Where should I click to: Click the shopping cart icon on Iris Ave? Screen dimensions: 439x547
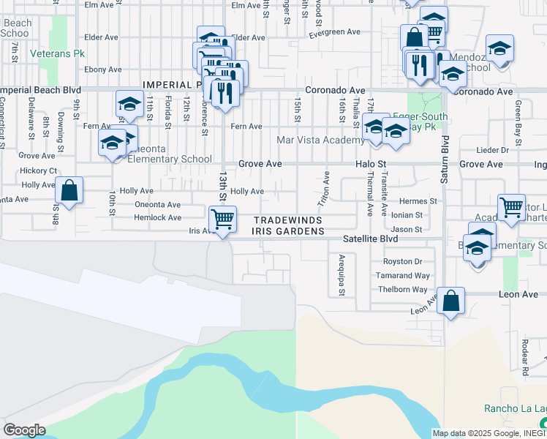(x=222, y=218)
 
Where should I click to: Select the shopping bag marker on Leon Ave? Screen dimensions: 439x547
(x=450, y=300)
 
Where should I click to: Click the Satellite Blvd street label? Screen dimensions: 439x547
(x=371, y=239)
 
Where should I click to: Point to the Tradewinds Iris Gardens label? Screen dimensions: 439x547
(x=288, y=225)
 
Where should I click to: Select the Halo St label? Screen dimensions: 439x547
(x=370, y=165)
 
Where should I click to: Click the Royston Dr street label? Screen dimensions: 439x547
(x=403, y=262)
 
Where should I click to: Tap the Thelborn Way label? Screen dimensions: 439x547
(x=399, y=290)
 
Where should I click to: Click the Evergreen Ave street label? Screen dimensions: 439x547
(x=335, y=33)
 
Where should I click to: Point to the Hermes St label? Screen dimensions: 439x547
(x=418, y=201)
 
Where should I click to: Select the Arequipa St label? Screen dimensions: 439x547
(x=342, y=274)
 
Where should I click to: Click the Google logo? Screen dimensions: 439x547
(x=24, y=430)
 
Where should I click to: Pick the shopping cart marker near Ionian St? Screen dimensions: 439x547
(x=511, y=206)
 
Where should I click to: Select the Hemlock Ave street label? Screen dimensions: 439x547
(x=157, y=218)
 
